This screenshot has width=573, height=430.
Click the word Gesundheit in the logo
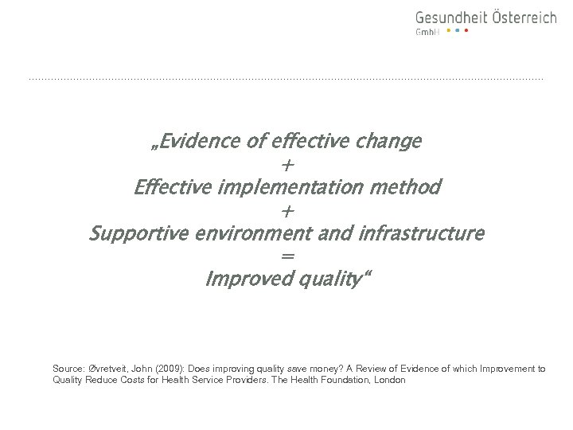tap(449, 18)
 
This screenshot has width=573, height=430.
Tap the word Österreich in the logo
tap(521, 17)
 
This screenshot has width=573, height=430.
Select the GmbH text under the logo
tap(427, 32)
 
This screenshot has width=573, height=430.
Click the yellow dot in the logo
tap(448, 31)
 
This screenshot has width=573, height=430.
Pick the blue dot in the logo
tap(457, 31)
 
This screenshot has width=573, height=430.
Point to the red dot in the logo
tap(466, 31)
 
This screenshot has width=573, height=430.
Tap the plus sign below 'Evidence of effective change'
tap(287, 166)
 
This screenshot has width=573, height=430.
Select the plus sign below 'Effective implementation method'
tap(287, 211)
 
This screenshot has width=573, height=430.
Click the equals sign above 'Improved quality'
tap(287, 257)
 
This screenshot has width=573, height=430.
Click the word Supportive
tap(134, 235)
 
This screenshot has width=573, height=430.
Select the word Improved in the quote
tap(243, 280)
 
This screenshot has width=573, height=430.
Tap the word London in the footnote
tap(390, 381)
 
